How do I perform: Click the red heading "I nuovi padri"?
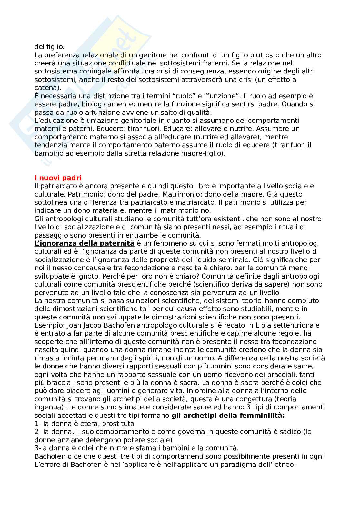58,178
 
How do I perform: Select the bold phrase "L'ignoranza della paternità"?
84,243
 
